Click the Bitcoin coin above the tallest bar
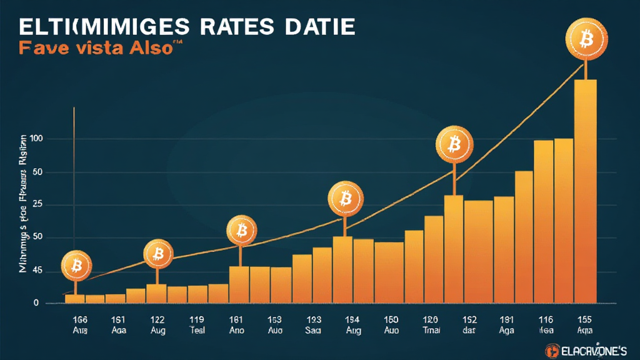(x=586, y=41)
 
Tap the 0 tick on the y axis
(x=37, y=303)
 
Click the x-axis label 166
(x=81, y=318)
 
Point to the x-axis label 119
(x=197, y=318)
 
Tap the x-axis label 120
(x=431, y=318)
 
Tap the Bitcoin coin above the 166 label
(x=76, y=267)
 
